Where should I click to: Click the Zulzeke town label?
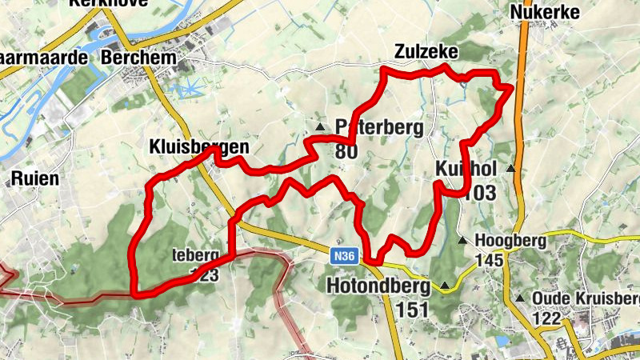point(426,52)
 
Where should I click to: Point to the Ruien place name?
point(35,178)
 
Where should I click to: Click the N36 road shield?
point(342,257)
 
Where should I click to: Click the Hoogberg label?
point(510,240)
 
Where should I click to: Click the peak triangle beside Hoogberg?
point(462,240)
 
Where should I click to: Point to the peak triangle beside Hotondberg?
point(445,285)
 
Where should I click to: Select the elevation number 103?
point(479,193)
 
